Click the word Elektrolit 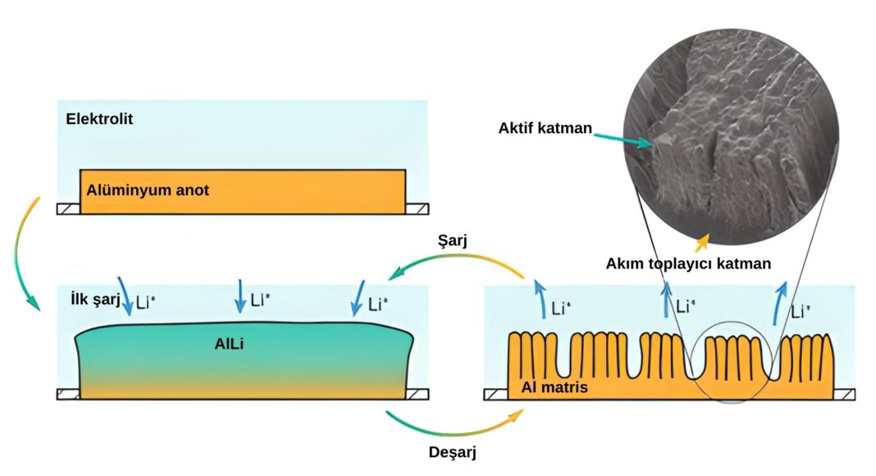coord(99,119)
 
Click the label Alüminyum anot coord(148,190)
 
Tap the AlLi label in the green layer coord(230,345)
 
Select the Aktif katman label coord(545,128)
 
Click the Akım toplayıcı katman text coord(688,263)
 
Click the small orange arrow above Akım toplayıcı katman coord(701,242)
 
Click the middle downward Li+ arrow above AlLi coord(240,295)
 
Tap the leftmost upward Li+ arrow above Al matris coord(539,296)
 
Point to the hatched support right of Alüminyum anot coord(417,209)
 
